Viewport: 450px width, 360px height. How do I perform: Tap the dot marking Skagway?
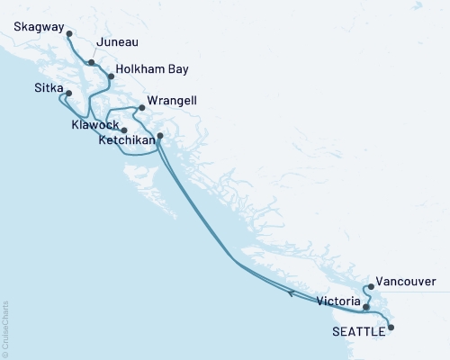[69, 34]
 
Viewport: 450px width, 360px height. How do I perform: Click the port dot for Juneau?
[92, 62]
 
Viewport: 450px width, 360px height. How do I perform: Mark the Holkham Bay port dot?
[111, 76]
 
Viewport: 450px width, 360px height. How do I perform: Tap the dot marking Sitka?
[68, 92]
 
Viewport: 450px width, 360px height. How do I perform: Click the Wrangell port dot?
[141, 108]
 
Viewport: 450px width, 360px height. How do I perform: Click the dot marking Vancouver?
[370, 287]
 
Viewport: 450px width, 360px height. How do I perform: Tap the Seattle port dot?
[391, 328]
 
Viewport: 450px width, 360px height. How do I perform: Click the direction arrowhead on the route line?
[289, 292]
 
